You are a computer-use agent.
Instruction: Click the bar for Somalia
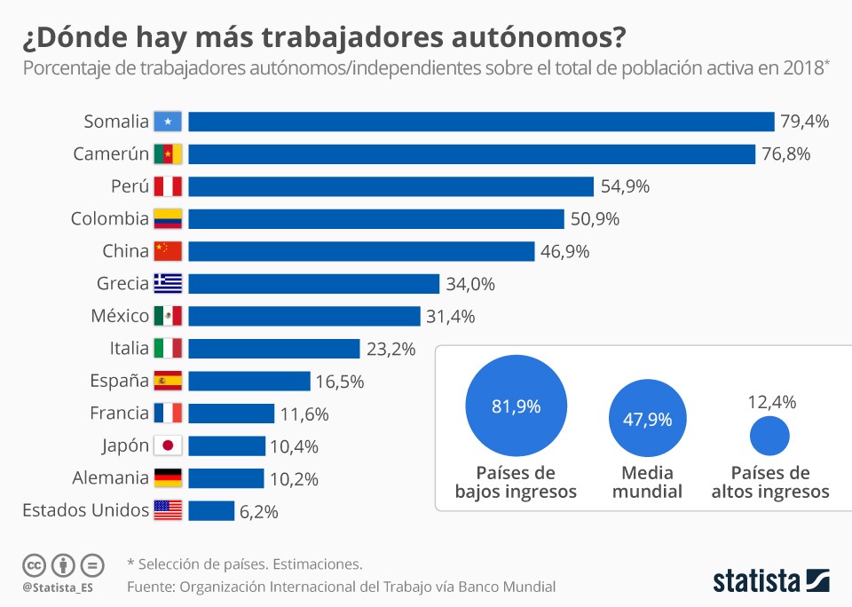481,122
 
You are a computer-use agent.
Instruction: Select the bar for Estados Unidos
211,510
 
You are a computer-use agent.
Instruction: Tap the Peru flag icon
168,186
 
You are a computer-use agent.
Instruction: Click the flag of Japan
168,445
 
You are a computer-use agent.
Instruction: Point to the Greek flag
168,284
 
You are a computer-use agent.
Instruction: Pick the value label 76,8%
785,154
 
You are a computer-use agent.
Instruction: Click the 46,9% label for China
564,251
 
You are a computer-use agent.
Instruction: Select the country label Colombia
110,219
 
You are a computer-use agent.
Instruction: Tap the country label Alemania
110,478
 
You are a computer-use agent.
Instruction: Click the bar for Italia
273,349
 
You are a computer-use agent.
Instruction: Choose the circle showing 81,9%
516,406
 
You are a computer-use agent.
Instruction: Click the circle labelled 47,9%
646,420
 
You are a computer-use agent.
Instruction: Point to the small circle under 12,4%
769,435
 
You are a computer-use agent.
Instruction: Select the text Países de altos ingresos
769,482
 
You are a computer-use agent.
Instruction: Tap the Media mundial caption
647,482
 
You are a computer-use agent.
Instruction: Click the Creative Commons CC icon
34,564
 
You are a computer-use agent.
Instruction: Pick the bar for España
248,381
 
